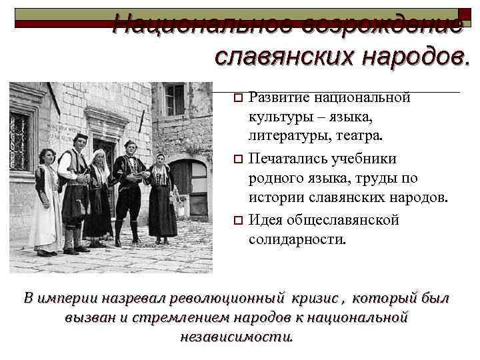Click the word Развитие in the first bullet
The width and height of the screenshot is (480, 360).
(x=278, y=99)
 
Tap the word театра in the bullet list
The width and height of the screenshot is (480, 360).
(x=355, y=136)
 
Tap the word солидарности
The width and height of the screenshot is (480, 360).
(x=297, y=239)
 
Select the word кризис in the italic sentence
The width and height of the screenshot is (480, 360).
(x=319, y=297)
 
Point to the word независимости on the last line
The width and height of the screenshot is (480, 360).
(x=237, y=336)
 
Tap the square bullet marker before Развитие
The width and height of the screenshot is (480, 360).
(x=238, y=99)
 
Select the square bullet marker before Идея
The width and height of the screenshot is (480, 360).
(x=238, y=221)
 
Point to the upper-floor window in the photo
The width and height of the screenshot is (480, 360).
(x=175, y=99)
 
